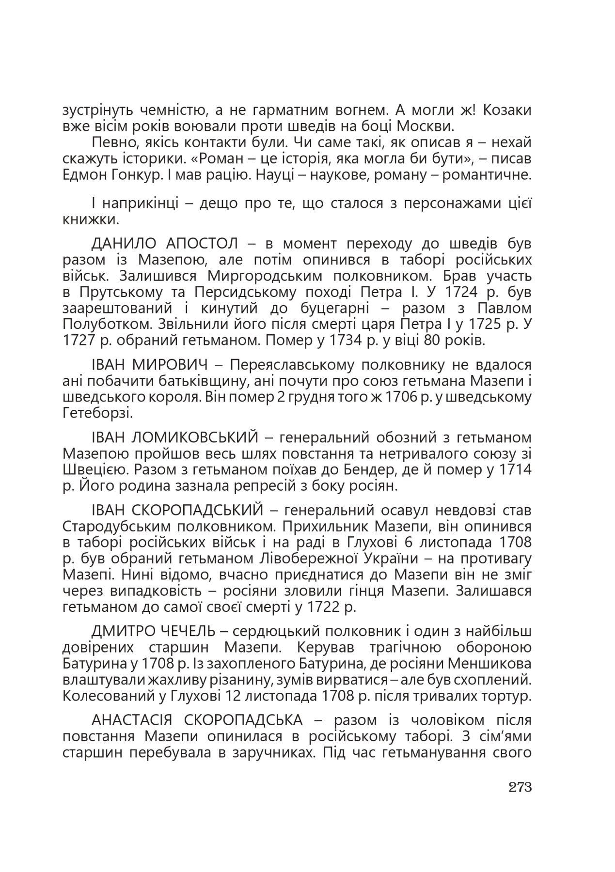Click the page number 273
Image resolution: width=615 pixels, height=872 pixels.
[520, 787]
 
